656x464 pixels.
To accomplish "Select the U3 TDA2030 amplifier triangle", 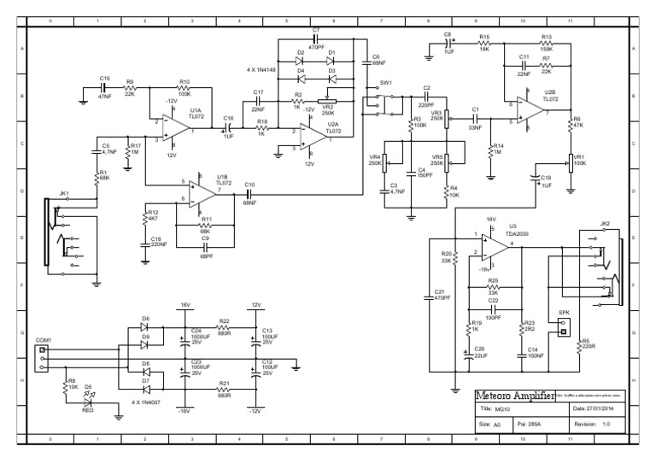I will (494, 247).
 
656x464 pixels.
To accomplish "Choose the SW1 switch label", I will (385, 84).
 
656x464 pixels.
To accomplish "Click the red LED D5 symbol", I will (87, 390).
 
